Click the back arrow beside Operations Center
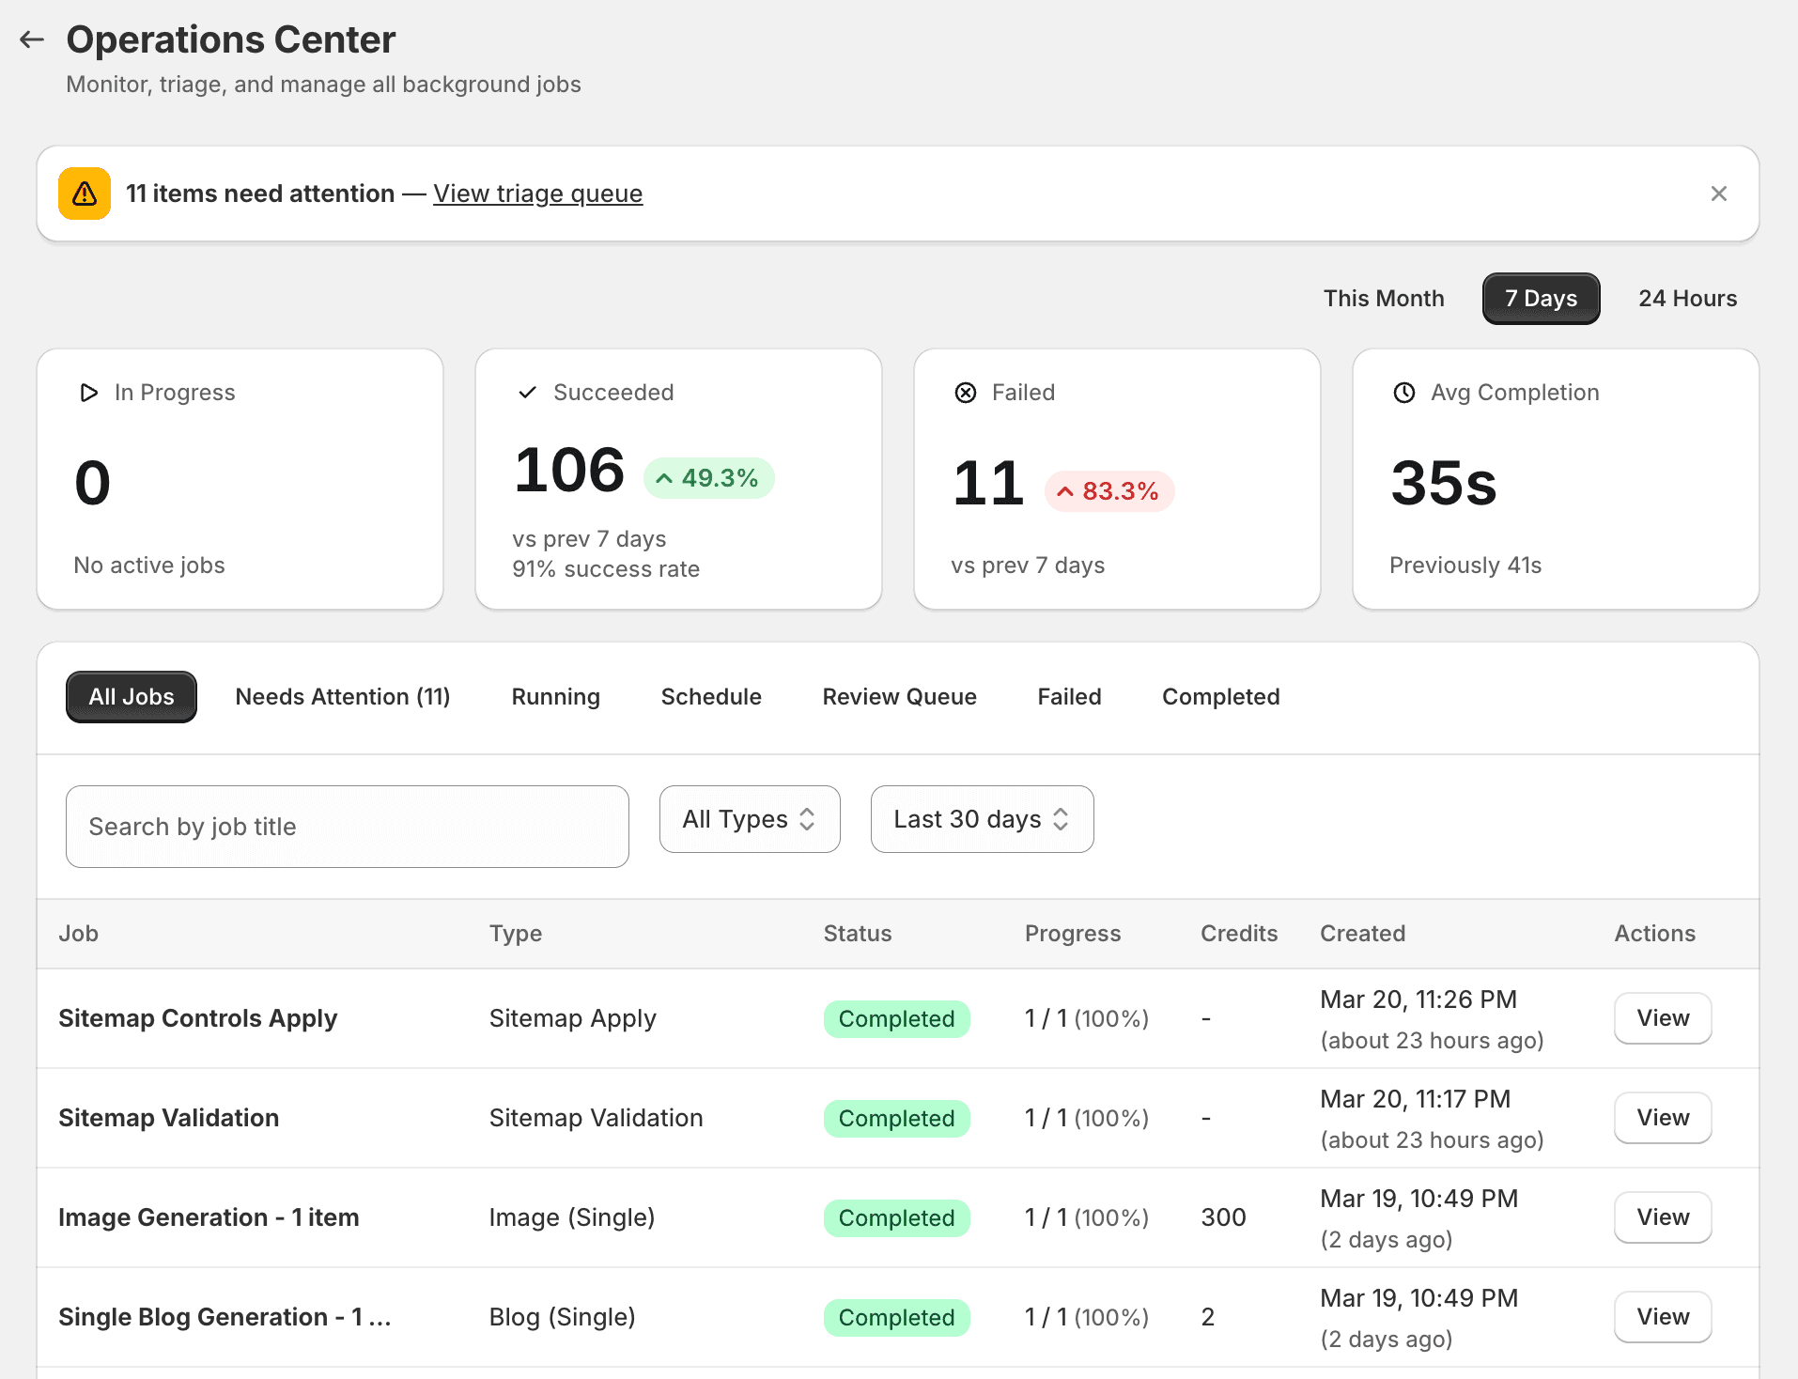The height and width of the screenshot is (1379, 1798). click(x=32, y=39)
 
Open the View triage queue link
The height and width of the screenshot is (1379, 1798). click(x=537, y=194)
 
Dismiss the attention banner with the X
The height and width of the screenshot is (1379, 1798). click(x=1718, y=194)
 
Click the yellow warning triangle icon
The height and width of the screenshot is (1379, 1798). click(x=85, y=194)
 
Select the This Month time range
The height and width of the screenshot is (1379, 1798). click(x=1383, y=299)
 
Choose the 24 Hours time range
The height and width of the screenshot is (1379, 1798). click(x=1687, y=299)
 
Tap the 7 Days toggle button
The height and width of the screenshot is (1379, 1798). click(x=1541, y=299)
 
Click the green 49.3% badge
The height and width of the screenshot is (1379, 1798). click(x=708, y=478)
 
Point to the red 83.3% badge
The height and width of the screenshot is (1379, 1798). click(x=1108, y=491)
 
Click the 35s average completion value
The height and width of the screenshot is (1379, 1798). click(x=1443, y=483)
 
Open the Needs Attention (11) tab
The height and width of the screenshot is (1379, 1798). click(x=342, y=697)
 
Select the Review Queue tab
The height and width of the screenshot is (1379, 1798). click(x=899, y=697)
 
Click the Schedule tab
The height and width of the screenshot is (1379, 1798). click(x=710, y=697)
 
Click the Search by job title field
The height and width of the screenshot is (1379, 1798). click(x=347, y=827)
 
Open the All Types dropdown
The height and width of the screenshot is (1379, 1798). click(x=749, y=819)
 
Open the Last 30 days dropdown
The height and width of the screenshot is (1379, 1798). click(x=981, y=819)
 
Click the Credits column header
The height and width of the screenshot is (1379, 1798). click(x=1238, y=934)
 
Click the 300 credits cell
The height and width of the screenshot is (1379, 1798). click(x=1223, y=1217)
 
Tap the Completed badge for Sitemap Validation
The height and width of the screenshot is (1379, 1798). click(x=896, y=1118)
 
